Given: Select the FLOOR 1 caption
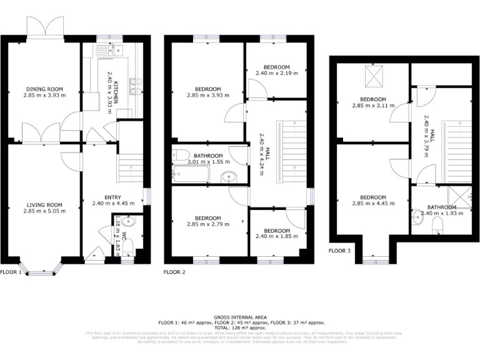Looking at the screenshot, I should tap(11, 272).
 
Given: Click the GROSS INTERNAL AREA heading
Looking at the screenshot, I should tap(241, 317).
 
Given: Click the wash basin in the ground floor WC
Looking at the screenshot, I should tap(128, 221).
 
